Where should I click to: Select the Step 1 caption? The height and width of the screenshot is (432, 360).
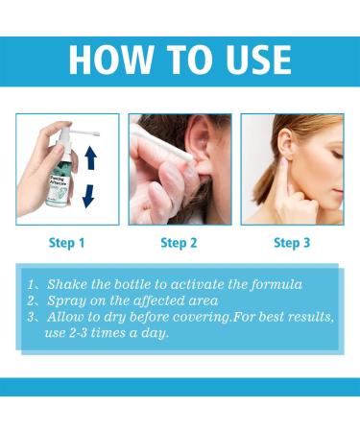pyautogui.click(x=66, y=243)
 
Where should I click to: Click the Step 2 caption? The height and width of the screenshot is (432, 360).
pyautogui.click(x=179, y=243)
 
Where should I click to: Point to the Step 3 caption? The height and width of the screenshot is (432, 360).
pyautogui.click(x=292, y=243)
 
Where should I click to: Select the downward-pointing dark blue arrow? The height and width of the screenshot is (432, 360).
pyautogui.click(x=87, y=195)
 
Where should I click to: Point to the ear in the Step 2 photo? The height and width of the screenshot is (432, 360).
pyautogui.click(x=204, y=154)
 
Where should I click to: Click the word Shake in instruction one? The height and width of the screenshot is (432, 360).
pyautogui.click(x=66, y=283)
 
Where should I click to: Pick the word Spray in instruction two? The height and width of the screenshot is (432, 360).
pyautogui.click(x=64, y=300)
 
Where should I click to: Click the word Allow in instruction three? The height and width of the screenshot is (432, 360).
pyautogui.click(x=64, y=318)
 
